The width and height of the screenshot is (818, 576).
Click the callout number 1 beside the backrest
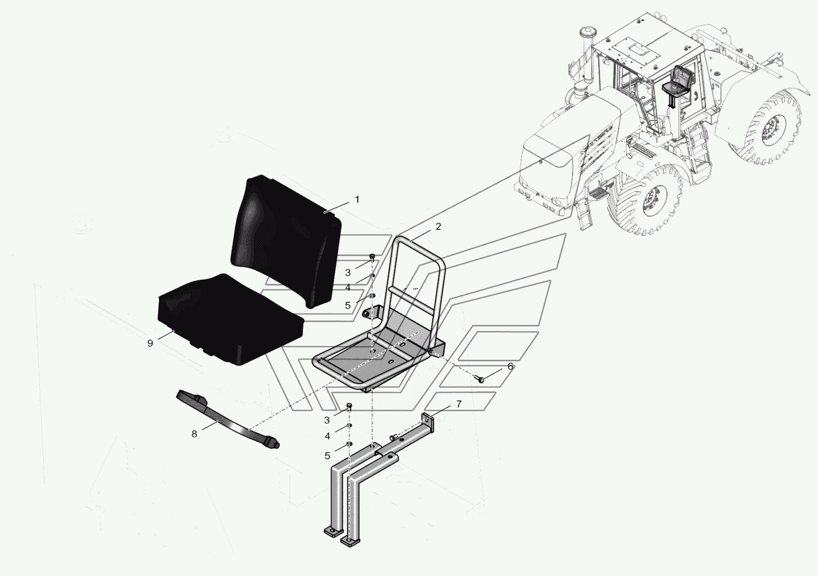click(357, 200)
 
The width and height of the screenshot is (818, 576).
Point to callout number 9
click(150, 343)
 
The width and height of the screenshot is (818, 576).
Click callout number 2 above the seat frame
click(438, 226)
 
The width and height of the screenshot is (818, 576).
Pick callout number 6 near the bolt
click(510, 367)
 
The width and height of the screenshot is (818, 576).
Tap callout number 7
click(459, 404)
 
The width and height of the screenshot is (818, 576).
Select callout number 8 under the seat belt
click(194, 434)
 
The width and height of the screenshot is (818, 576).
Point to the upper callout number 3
click(348, 273)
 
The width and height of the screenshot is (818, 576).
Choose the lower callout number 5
click(327, 455)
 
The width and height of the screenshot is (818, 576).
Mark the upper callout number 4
click(348, 288)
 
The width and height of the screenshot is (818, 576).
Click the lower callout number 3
click(327, 420)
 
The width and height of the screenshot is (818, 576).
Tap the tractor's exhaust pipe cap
click(586, 31)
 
